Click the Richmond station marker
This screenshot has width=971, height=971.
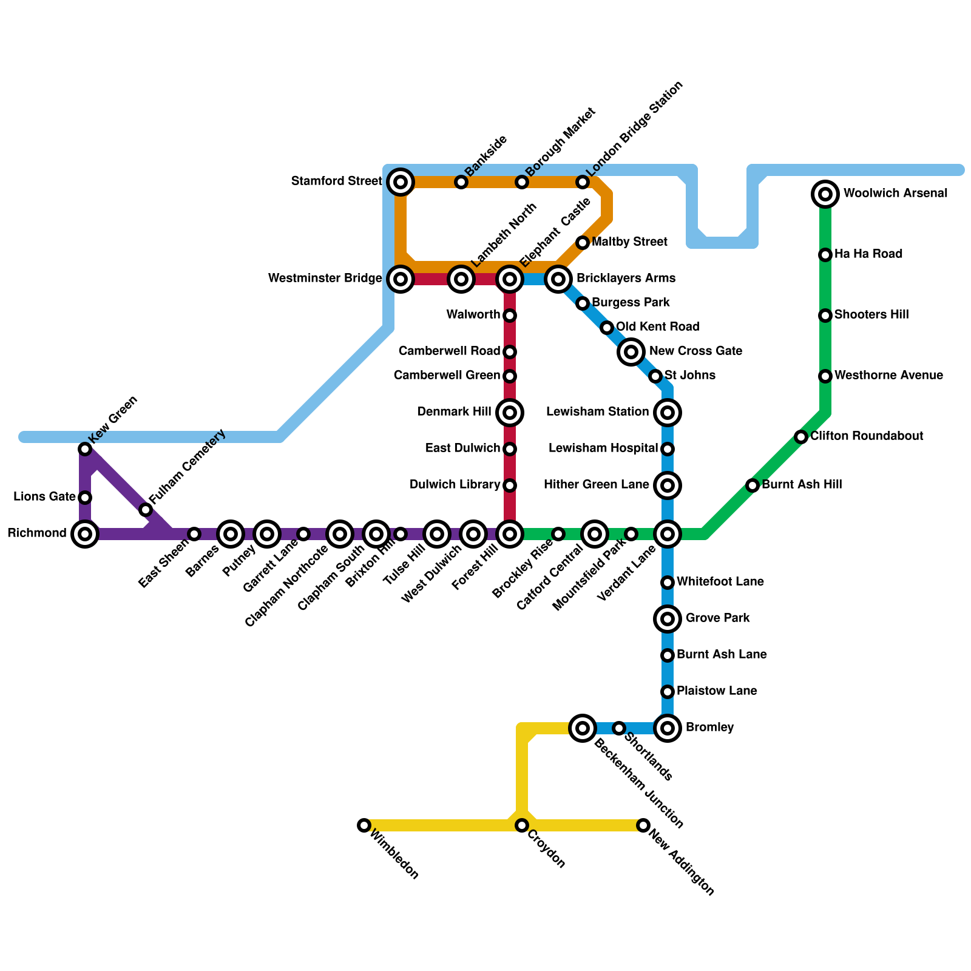(85, 534)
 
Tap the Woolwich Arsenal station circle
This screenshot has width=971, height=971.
(825, 194)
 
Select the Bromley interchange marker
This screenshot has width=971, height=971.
(668, 728)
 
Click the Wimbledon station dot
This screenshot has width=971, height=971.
(364, 825)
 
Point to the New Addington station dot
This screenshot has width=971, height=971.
(643, 825)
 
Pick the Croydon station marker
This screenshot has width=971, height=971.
(522, 825)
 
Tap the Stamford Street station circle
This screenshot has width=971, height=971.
(401, 181)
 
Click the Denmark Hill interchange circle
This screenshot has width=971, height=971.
(510, 413)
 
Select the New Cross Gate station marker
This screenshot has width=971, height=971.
(631, 351)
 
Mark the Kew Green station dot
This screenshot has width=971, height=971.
(85, 449)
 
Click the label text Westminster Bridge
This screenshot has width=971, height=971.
(325, 279)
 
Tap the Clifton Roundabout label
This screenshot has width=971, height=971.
(867, 436)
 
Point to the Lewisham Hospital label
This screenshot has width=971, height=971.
(603, 448)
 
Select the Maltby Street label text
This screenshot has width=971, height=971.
(629, 242)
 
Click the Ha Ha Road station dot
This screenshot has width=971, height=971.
(825, 255)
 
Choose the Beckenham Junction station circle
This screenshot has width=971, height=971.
(583, 728)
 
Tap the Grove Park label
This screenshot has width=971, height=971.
(717, 618)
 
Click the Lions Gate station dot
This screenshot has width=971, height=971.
(85, 498)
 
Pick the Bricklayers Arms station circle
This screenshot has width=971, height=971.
(558, 279)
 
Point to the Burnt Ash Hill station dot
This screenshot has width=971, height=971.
(753, 486)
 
